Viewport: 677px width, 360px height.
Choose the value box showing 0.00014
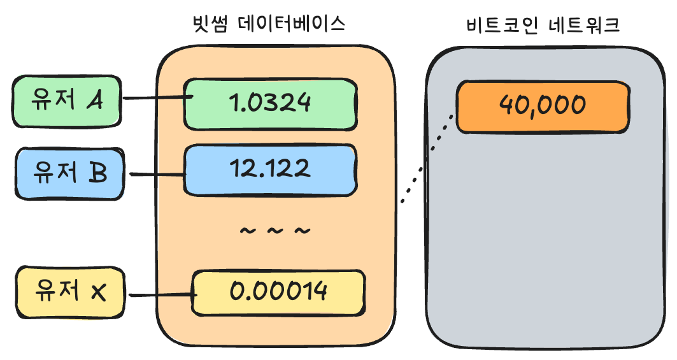click(x=279, y=292)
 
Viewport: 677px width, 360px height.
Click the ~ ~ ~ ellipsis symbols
click(x=275, y=231)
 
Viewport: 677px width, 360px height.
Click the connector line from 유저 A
click(x=154, y=98)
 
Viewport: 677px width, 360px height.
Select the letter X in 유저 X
click(x=97, y=293)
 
